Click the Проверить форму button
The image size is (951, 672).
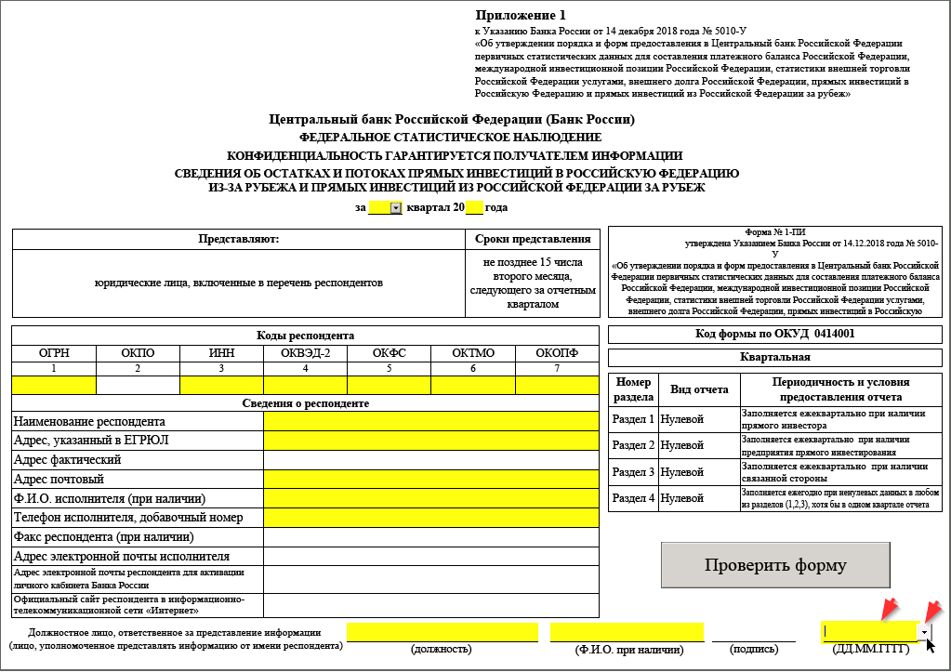click(x=775, y=565)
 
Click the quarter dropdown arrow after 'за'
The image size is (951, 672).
click(x=395, y=208)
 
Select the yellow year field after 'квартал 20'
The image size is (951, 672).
click(x=474, y=208)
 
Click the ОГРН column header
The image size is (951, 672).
click(x=54, y=353)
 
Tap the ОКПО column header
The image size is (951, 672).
click(x=138, y=353)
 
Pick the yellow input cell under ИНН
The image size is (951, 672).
click(x=221, y=385)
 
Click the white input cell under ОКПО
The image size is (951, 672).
click(x=138, y=385)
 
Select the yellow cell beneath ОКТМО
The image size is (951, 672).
click(x=473, y=385)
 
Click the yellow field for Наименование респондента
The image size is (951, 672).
click(x=431, y=421)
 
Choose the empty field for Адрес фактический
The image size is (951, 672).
click(x=431, y=459)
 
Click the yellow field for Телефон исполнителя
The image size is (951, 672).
click(x=431, y=517)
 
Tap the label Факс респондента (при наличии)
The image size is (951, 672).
click(x=103, y=536)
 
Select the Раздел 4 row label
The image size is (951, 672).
click(x=633, y=498)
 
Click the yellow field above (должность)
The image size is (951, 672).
click(x=442, y=632)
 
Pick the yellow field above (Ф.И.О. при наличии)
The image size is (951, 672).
click(x=625, y=632)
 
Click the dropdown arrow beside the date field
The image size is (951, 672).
click(x=924, y=632)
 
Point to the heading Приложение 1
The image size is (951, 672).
click(x=520, y=15)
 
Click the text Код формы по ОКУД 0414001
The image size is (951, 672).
click(x=774, y=335)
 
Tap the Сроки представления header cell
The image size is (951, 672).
click(x=533, y=239)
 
